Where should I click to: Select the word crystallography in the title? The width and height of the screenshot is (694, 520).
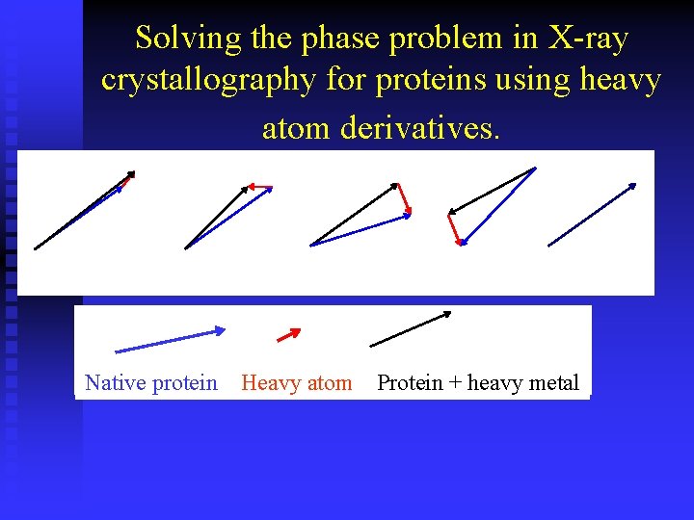[x=207, y=81]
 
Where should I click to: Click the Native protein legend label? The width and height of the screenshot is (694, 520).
[x=151, y=383]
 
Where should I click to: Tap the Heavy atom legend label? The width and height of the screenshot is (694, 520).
[x=296, y=383]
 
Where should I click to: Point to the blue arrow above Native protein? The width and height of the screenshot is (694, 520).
[x=170, y=340]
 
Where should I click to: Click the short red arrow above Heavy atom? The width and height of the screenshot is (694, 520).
[x=288, y=335]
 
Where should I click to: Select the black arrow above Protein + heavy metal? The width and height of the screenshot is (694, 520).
[x=411, y=328]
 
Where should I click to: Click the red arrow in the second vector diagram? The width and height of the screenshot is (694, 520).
[x=259, y=185]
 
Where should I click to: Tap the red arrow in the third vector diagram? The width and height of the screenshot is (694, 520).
[x=404, y=198]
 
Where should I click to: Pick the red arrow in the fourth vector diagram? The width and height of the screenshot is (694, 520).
[x=454, y=226]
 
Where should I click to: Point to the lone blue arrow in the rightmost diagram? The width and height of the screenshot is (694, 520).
[x=592, y=214]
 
